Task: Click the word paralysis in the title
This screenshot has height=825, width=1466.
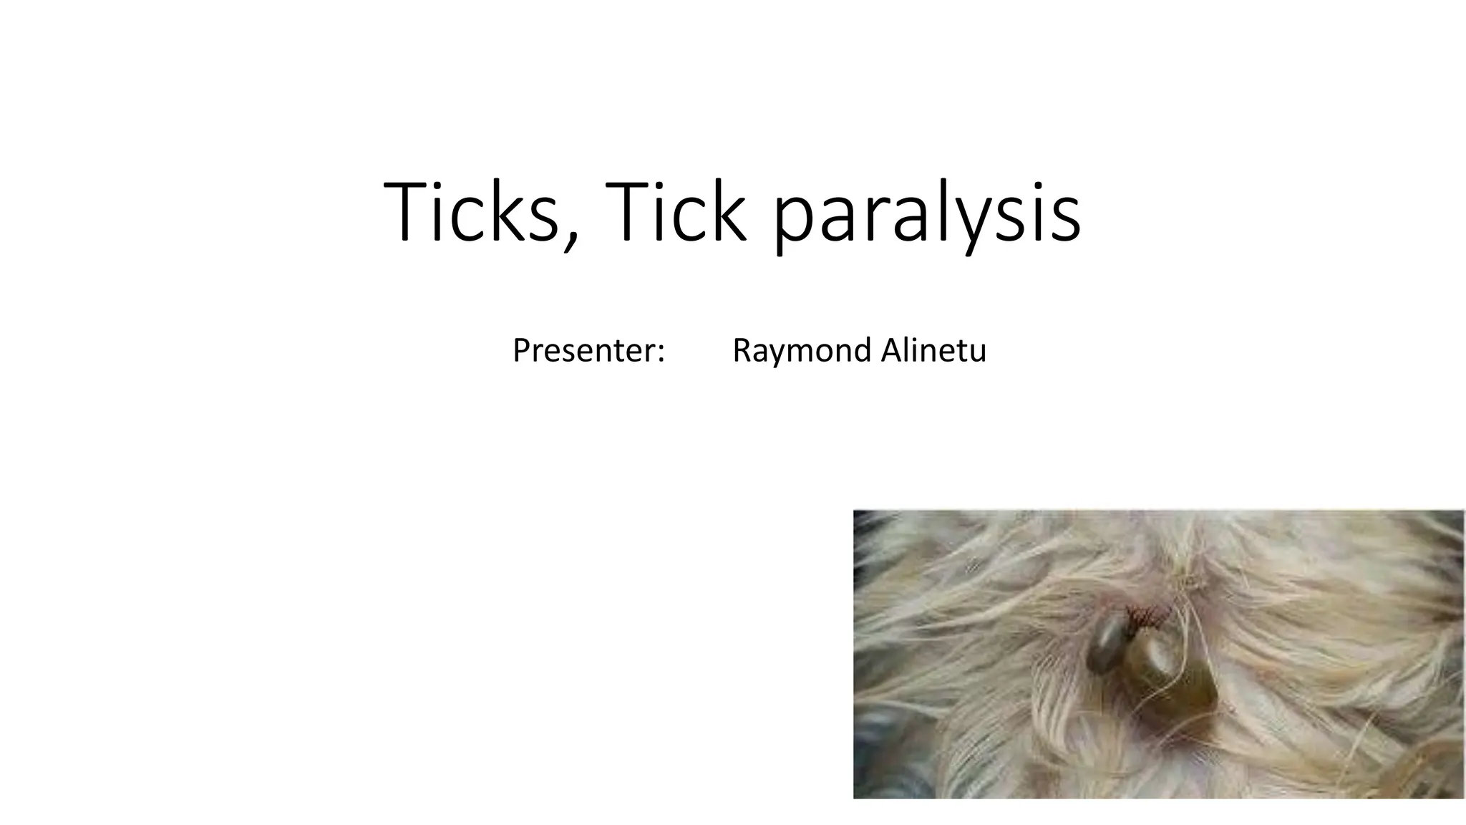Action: (928, 215)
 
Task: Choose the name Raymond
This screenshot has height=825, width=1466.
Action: (802, 351)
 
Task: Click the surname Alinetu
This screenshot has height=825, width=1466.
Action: (933, 350)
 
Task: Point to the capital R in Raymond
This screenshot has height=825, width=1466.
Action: (742, 350)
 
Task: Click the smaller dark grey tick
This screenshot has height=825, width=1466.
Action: (1106, 644)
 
